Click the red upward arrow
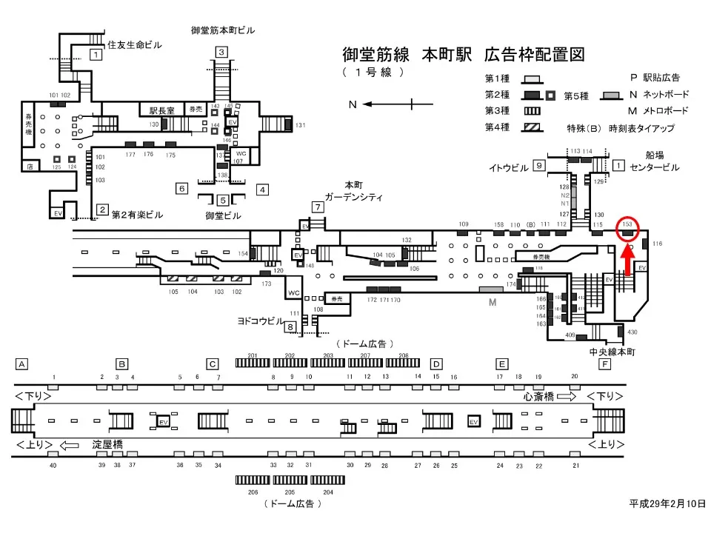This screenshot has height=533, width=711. tap(627, 261)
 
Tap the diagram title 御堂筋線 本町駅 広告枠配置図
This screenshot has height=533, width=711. tap(464, 55)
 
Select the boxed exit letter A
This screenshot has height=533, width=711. tap(22, 364)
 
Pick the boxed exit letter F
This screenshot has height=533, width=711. tap(606, 364)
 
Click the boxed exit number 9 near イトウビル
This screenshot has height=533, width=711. tap(540, 166)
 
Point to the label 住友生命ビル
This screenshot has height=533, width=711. tap(134, 45)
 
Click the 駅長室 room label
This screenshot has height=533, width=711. tap(161, 110)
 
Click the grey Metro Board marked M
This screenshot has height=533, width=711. tap(490, 288)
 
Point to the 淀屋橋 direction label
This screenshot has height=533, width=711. tap(108, 445)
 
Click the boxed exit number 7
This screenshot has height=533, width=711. tap(317, 207)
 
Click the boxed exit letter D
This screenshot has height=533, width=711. tap(436, 364)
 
